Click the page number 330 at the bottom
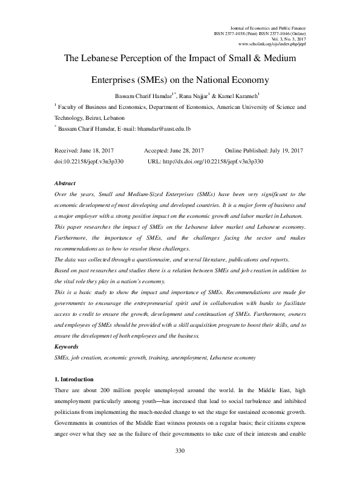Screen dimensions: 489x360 (179, 468)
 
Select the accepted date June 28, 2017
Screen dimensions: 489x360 (186, 150)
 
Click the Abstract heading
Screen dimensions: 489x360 (65, 182)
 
